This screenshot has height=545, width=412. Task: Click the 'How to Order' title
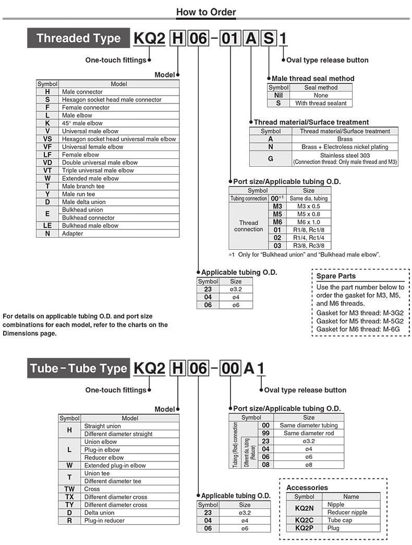(206, 11)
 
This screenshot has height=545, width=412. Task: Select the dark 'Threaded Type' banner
(78, 38)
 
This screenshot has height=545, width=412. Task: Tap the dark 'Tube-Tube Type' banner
(78, 368)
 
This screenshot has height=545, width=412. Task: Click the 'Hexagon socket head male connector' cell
(112, 99)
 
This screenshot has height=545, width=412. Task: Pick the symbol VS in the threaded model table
(47, 139)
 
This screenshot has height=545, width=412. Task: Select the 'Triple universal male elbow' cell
(98, 170)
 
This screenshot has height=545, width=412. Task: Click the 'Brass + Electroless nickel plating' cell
(345, 147)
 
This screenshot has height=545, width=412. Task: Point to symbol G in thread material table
(270, 158)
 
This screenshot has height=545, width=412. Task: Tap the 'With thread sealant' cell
(321, 103)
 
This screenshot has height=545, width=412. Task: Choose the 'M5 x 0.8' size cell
(309, 214)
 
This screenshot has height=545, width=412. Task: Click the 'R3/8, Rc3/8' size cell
(309, 246)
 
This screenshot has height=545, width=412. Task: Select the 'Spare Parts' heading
(336, 276)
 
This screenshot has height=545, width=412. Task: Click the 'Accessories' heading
(307, 488)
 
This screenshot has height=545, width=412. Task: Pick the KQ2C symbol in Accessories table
(304, 520)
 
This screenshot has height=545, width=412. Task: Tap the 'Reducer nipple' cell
(347, 512)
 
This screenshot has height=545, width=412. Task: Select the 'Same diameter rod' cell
(309, 433)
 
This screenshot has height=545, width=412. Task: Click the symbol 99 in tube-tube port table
(265, 433)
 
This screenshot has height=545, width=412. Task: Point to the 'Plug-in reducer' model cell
(104, 520)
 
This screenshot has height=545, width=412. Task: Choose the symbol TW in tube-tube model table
(69, 489)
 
